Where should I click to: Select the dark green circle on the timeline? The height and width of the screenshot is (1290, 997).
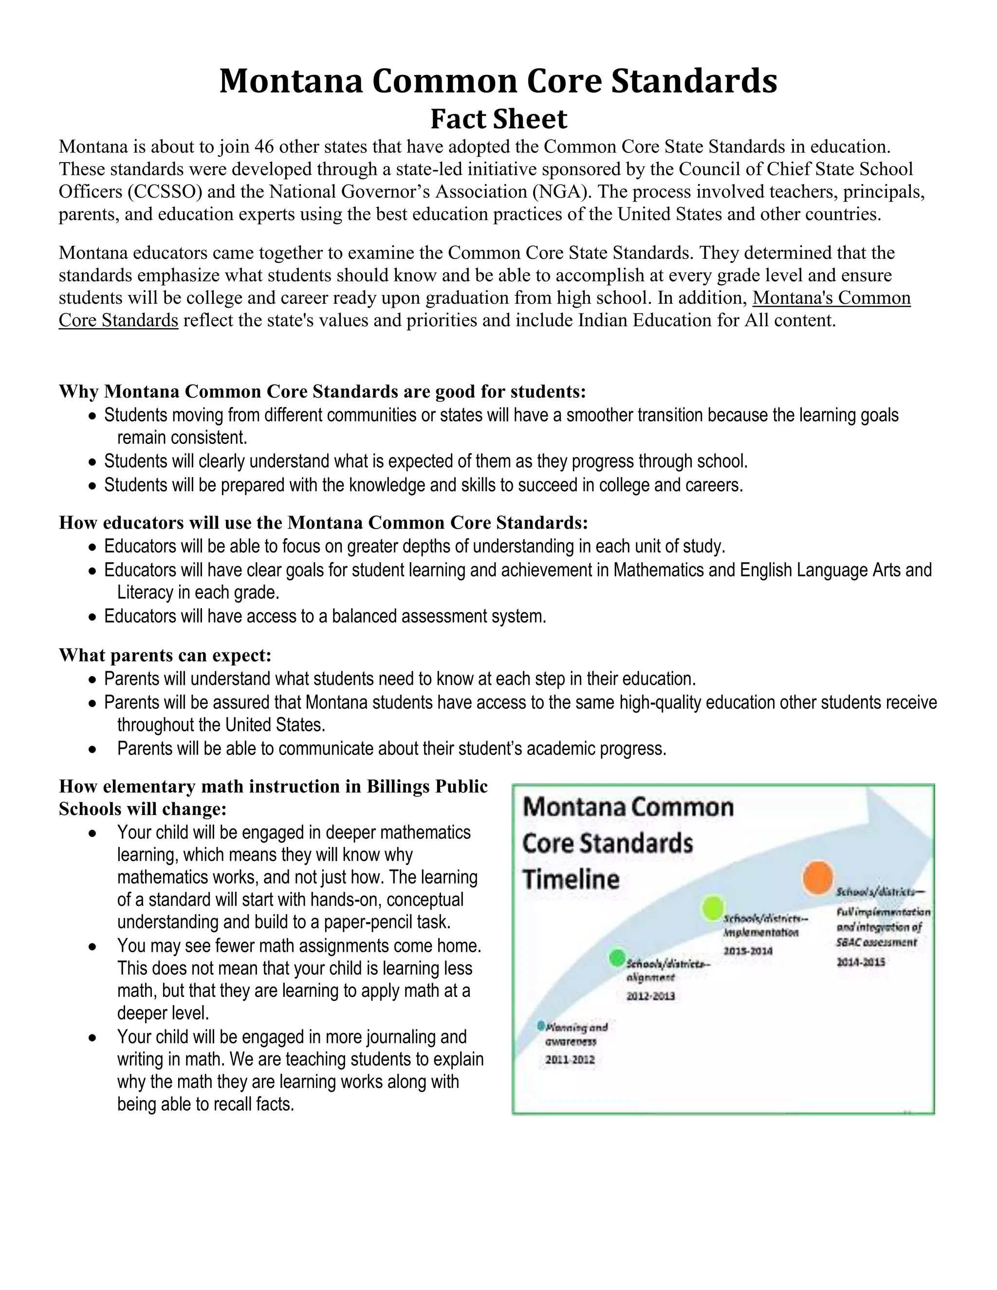click(617, 957)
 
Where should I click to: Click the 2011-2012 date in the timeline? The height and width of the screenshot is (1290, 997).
click(570, 1060)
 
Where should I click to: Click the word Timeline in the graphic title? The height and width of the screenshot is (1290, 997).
click(571, 880)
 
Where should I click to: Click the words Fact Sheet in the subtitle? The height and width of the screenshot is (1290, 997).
click(498, 119)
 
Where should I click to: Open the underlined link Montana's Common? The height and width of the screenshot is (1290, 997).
click(831, 298)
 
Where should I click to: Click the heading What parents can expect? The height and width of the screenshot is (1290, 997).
click(165, 655)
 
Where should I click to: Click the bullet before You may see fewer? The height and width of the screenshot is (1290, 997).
click(92, 946)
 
